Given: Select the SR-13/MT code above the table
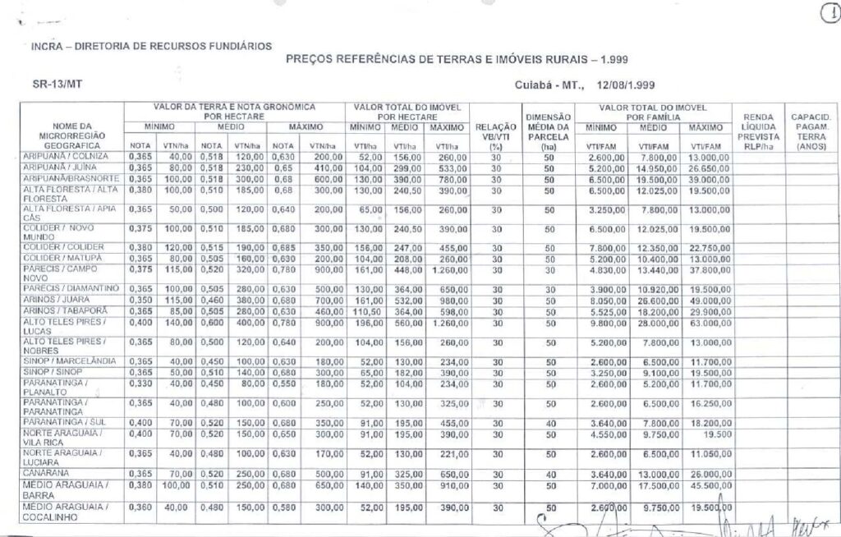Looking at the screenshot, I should tap(51, 84).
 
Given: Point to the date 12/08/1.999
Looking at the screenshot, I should tap(620, 85).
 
